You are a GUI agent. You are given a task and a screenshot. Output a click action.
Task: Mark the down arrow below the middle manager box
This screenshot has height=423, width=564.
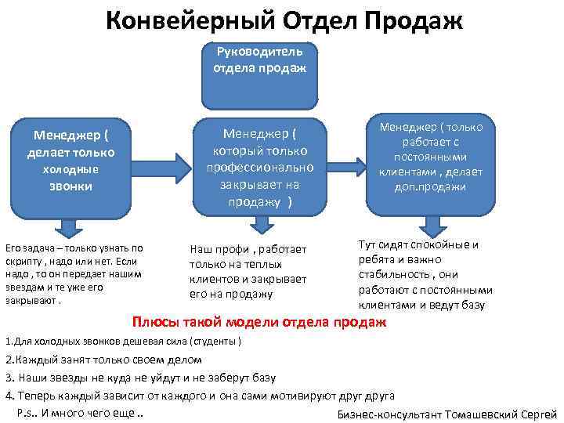point(259,226)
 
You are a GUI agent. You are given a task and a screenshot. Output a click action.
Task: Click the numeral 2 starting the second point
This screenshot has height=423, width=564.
point(8,360)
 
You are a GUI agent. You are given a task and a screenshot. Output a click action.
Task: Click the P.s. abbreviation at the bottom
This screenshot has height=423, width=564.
point(27,413)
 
